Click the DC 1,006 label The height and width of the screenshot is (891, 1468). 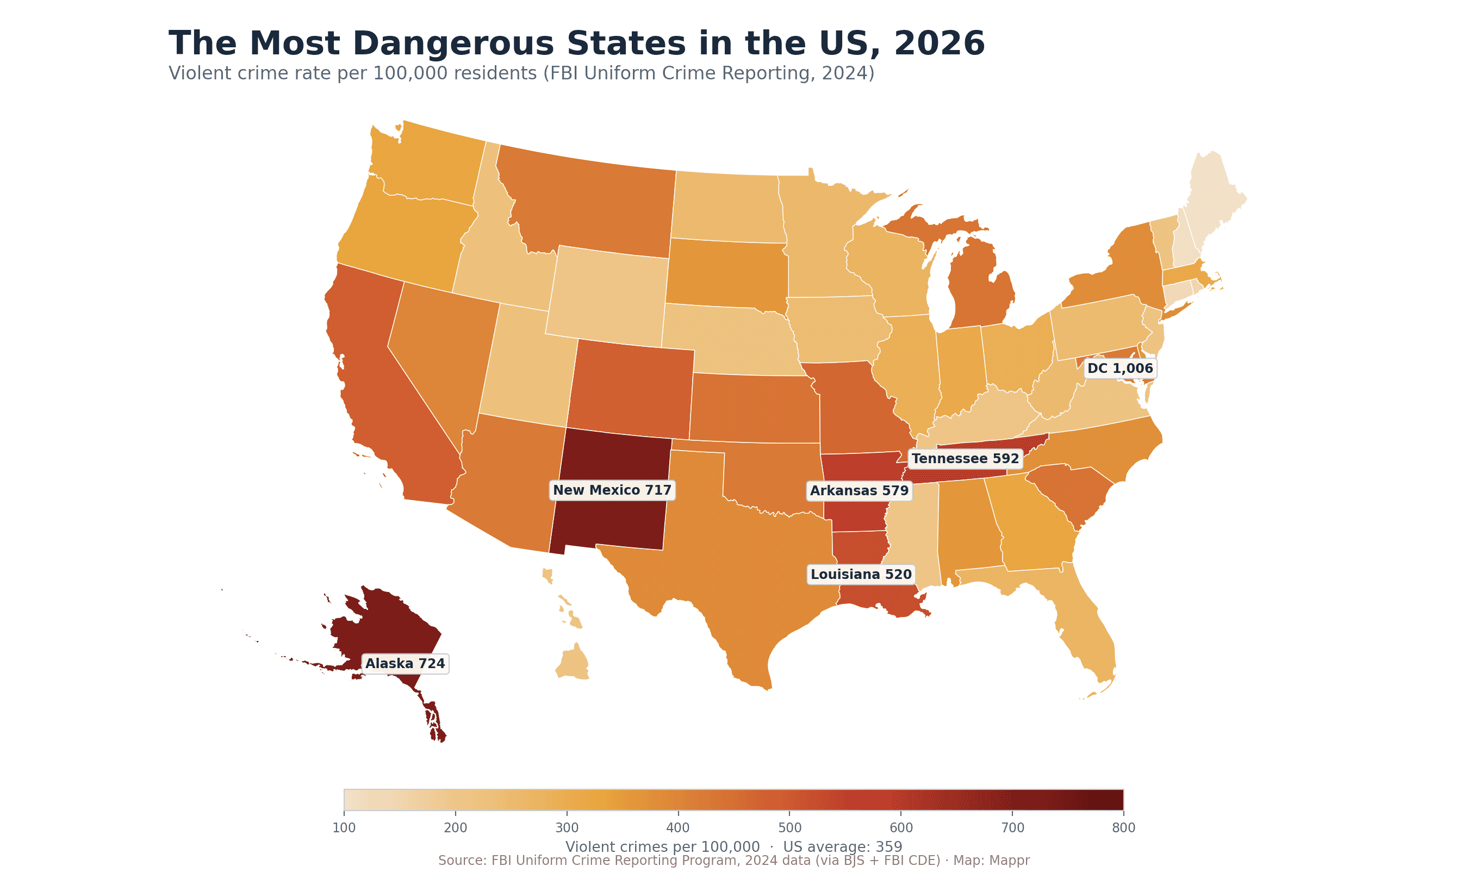(1120, 369)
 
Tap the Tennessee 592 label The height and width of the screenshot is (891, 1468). (965, 459)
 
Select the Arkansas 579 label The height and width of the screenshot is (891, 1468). (859, 491)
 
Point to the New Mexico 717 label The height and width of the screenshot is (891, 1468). (612, 490)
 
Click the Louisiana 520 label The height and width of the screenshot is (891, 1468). (861, 574)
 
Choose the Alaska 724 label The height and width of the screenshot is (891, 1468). (405, 663)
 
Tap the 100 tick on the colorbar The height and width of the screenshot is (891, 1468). (344, 827)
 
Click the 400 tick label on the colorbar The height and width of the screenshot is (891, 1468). (678, 827)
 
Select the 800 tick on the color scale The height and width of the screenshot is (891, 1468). (1124, 827)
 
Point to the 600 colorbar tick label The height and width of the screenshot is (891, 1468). (901, 827)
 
